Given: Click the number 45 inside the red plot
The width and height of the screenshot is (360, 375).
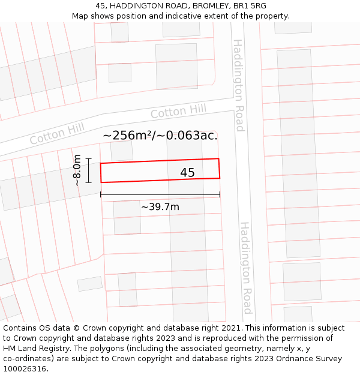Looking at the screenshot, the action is [x=187, y=173].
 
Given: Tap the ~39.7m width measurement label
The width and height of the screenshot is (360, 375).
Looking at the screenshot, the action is [x=160, y=207].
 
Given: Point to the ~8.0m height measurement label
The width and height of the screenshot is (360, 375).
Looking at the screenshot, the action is [x=77, y=170].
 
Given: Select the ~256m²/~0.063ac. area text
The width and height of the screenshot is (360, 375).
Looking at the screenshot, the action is [x=160, y=136].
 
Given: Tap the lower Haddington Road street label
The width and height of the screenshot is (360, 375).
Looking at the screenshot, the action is [x=246, y=268].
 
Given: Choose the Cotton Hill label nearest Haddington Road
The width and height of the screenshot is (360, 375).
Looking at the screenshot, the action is [x=178, y=111].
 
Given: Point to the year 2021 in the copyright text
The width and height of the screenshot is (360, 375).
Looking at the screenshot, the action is [x=232, y=328].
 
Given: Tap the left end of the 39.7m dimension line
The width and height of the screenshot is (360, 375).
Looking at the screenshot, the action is [x=101, y=194].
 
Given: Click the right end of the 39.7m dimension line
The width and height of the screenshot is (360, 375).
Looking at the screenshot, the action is [x=220, y=194].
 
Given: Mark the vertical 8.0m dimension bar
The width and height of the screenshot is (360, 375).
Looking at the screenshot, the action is [x=88, y=170].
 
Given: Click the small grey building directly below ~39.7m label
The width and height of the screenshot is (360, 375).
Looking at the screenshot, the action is [x=127, y=217].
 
